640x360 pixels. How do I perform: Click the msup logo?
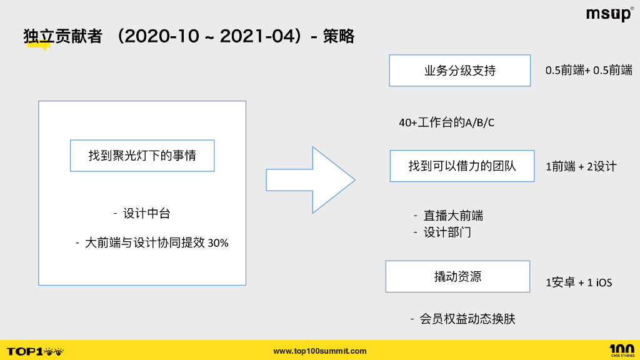click(x=609, y=14)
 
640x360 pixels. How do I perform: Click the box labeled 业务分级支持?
click(x=459, y=71)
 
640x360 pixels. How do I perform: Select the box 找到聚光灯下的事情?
click(x=142, y=156)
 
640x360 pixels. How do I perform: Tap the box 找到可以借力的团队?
click(x=462, y=166)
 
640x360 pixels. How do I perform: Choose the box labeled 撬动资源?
click(x=457, y=276)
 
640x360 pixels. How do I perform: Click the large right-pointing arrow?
click(x=311, y=180)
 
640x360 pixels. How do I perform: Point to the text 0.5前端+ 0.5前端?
click(x=589, y=71)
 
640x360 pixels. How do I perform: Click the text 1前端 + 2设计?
click(x=581, y=166)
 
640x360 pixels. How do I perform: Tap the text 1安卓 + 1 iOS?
click(x=579, y=282)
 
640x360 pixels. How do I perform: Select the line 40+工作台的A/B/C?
click(x=446, y=122)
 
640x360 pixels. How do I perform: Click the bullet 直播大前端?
click(x=453, y=216)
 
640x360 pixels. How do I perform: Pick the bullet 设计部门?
click(x=447, y=232)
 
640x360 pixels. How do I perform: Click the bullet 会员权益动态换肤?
click(x=467, y=319)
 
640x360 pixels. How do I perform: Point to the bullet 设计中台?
click(x=146, y=214)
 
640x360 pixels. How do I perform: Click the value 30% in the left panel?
click(x=217, y=243)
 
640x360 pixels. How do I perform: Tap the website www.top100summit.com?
click(x=320, y=351)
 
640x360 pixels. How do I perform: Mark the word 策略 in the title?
click(x=339, y=36)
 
